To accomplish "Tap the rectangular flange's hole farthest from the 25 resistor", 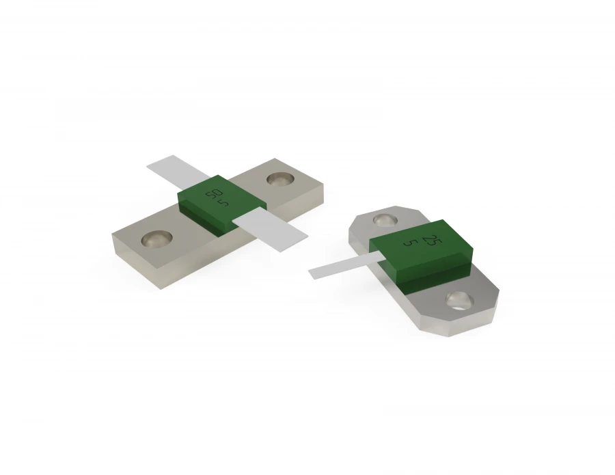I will click(156, 239).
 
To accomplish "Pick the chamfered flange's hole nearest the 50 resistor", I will click(385, 220).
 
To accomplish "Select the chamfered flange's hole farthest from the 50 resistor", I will click(459, 299).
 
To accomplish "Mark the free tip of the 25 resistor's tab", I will click(314, 273).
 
